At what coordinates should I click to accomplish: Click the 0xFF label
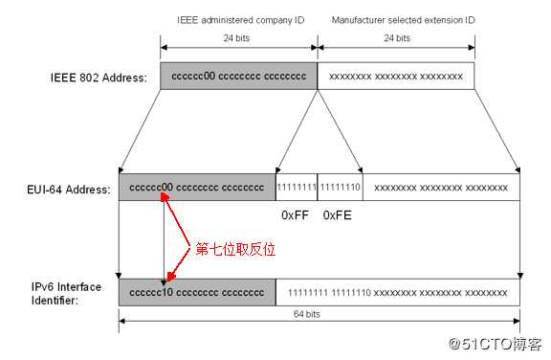295,215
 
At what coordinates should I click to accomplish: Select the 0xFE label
338,215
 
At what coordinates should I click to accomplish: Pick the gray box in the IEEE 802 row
238,77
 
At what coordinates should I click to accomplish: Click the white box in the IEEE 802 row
395,77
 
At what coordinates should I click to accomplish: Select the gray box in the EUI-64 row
196,188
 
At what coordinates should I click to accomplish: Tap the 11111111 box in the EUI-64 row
296,188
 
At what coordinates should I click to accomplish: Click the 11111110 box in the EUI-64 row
340,188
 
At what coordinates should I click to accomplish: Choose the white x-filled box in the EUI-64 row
441,188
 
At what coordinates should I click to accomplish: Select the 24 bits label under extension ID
395,39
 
